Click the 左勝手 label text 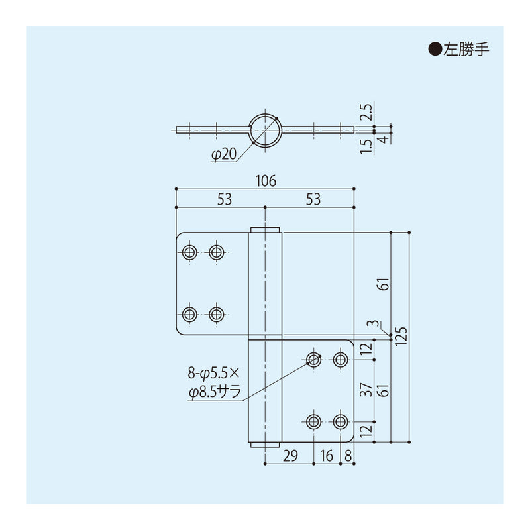pos(468,49)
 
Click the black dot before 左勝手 pos(435,49)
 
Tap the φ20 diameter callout pos(223,154)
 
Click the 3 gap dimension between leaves pos(375,324)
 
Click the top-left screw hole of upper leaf pos(189,252)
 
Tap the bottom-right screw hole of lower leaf pos(341,421)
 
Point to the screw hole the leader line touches pos(314,360)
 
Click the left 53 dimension pos(224,199)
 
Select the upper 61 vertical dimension pos(382,283)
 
